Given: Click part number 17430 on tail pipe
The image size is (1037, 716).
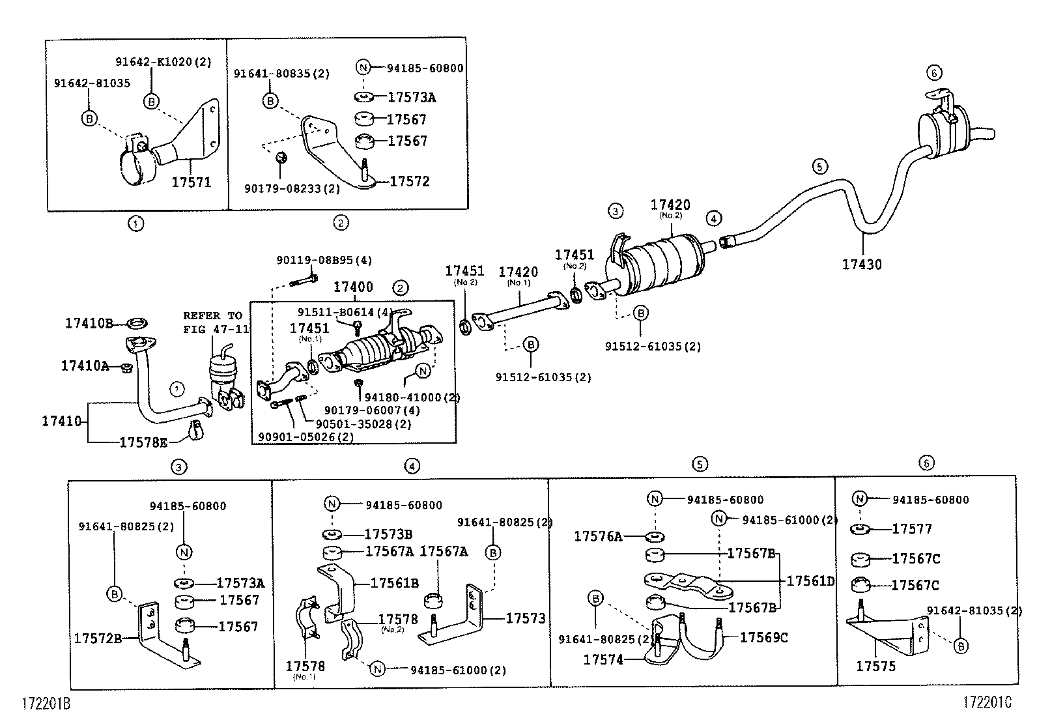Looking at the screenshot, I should click(861, 265).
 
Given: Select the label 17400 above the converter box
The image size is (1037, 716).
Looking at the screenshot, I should click(353, 287).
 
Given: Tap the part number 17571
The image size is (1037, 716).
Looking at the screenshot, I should click(192, 182).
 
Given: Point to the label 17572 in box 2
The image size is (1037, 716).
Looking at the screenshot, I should click(410, 181).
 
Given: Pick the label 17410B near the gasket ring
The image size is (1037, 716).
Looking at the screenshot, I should click(89, 322).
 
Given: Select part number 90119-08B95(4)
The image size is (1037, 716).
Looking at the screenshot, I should click(324, 260).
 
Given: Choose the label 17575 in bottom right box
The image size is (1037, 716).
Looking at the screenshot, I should click(875, 666).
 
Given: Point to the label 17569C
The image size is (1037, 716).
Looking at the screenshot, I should click(763, 637).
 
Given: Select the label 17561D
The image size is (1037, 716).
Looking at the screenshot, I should click(810, 581).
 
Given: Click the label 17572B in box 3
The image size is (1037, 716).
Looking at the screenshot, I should click(98, 638).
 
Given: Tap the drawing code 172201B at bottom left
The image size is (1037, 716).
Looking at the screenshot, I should click(46, 704).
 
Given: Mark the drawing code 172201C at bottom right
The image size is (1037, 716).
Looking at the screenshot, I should click(988, 702).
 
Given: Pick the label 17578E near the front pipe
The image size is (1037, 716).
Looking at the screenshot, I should click(143, 442).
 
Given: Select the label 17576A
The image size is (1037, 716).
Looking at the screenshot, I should click(598, 536).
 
